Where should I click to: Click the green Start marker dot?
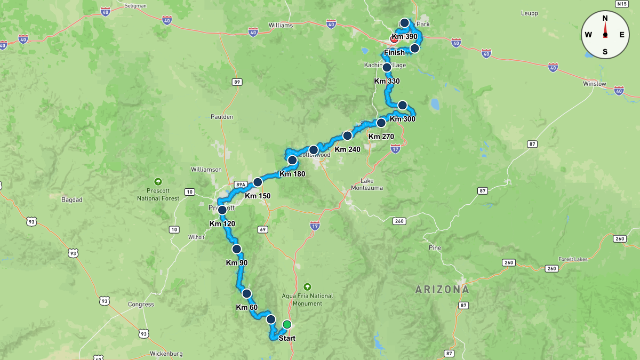pyautogui.click(x=287, y=324)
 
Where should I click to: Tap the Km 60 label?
pyautogui.click(x=246, y=307)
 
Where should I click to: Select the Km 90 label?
pyautogui.click(x=237, y=262)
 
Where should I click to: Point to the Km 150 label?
pyautogui.click(x=258, y=196)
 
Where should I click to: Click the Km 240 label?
pyautogui.click(x=347, y=149)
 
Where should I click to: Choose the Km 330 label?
pyautogui.click(x=387, y=81)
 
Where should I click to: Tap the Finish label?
pyautogui.click(x=394, y=53)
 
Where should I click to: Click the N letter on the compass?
pyautogui.click(x=605, y=18)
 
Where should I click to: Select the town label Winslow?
pyautogui.click(x=594, y=84)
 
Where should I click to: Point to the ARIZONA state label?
pyautogui.click(x=443, y=290)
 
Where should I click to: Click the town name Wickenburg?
pyautogui.click(x=166, y=354)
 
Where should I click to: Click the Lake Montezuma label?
pyautogui.click(x=367, y=184)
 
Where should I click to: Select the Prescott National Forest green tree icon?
pyautogui.click(x=157, y=181)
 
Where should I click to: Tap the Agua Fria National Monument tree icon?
pyautogui.click(x=307, y=286)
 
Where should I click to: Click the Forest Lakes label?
pyautogui.click(x=573, y=259)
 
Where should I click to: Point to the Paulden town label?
pyautogui.click(x=222, y=117)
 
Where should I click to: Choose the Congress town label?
pyautogui.click(x=141, y=305)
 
